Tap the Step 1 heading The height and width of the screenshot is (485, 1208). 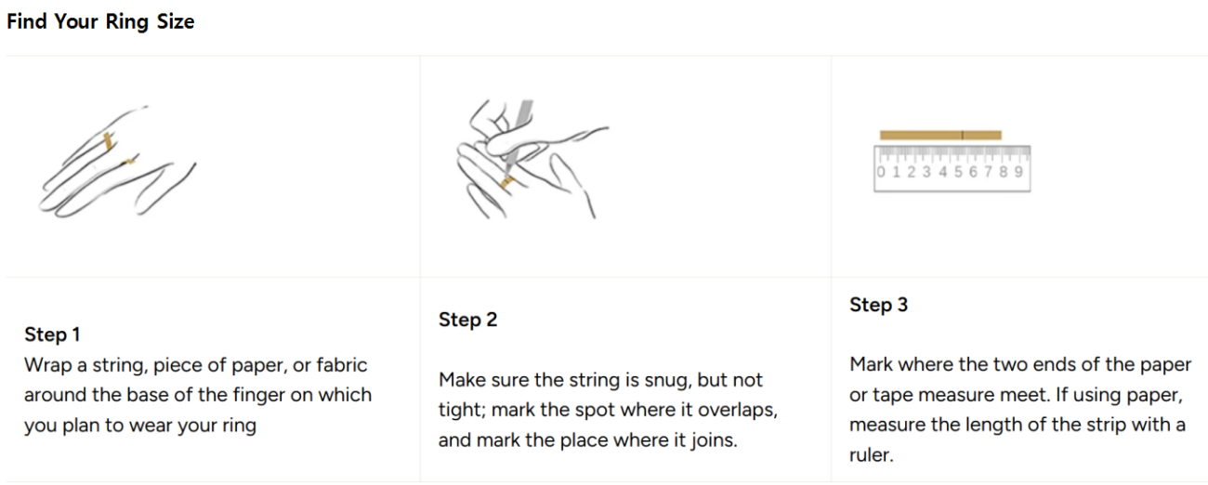click(52, 334)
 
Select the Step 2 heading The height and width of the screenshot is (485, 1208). click(467, 320)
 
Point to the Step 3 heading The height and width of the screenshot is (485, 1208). click(878, 304)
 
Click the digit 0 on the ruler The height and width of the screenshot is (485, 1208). click(881, 172)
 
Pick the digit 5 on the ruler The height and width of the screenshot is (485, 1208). click(958, 172)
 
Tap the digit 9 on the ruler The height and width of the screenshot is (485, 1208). click(1018, 172)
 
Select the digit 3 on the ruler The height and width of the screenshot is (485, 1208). click(926, 172)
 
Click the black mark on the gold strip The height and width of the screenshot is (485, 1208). click(962, 135)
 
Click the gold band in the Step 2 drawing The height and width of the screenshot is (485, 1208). click(507, 182)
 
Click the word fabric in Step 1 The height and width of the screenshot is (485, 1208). click(342, 365)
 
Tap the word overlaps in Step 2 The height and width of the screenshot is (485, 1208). click(738, 410)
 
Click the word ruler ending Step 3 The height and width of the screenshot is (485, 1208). click(871, 454)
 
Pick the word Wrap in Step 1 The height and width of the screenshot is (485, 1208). click(48, 366)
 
